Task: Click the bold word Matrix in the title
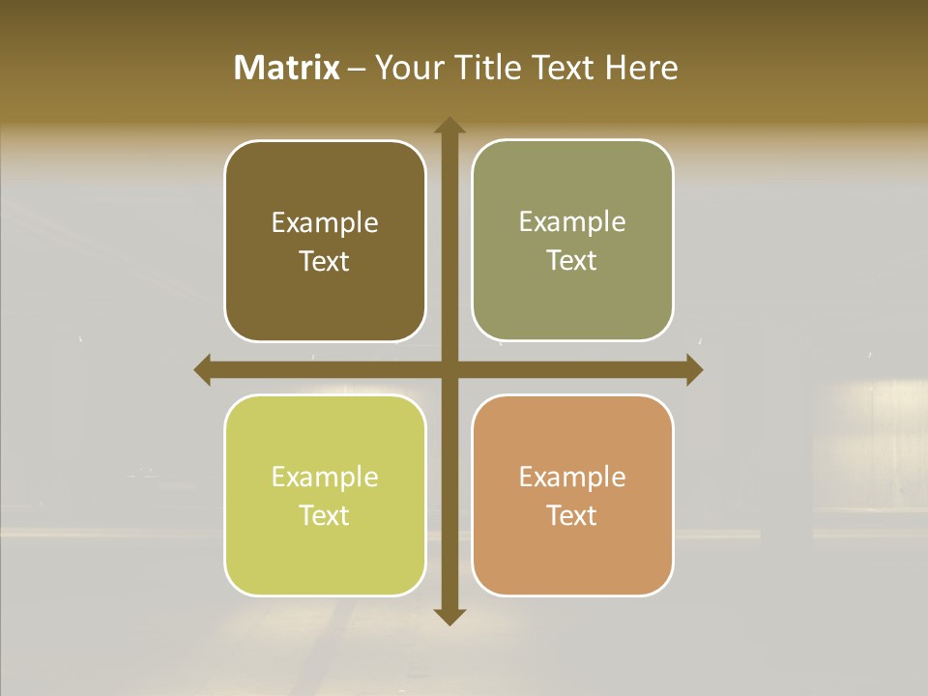(287, 68)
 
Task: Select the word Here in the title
(642, 68)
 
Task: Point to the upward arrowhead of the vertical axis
(449, 127)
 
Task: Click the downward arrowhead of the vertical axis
(449, 616)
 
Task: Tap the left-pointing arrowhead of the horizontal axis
(203, 369)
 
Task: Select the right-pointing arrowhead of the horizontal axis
(693, 369)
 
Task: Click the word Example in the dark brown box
(325, 223)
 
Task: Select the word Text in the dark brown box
(325, 261)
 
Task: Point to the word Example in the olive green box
(572, 222)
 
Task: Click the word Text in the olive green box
(572, 260)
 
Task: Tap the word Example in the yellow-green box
(325, 478)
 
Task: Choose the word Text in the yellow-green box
(325, 515)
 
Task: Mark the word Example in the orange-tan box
(572, 477)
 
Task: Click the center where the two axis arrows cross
(449, 369)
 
